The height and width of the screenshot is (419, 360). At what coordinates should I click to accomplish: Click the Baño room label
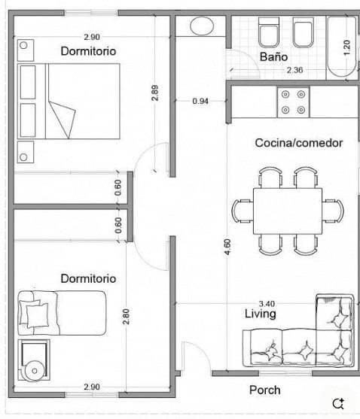point(273,57)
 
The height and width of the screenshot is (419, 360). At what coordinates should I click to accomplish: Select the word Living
point(260,314)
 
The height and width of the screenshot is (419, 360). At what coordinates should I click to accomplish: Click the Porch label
point(264,390)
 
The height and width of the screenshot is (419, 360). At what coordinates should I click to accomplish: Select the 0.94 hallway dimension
point(200,100)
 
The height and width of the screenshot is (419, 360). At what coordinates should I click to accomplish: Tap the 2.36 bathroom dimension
point(294,71)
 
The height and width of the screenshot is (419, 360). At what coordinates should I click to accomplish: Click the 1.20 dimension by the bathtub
point(346,45)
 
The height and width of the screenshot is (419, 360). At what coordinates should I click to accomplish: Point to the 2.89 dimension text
point(155,93)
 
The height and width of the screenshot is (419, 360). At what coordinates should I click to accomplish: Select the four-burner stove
point(294,102)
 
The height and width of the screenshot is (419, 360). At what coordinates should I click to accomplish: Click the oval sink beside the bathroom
point(202,26)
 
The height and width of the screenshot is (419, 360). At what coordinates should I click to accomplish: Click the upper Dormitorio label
point(88,51)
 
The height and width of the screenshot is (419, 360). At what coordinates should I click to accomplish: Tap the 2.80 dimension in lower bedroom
point(126,316)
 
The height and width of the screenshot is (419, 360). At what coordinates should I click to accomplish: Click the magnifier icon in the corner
point(338,402)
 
